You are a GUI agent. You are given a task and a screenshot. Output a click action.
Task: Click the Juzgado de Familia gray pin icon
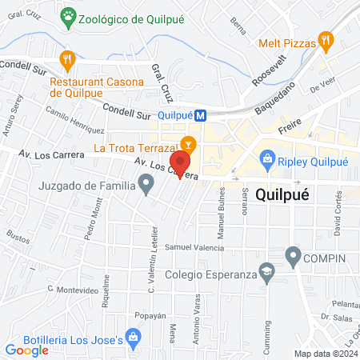[x=146, y=187]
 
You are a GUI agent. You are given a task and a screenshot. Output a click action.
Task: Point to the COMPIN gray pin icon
[x=293, y=258]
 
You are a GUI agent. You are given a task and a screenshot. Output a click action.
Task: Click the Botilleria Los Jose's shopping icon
[x=133, y=341]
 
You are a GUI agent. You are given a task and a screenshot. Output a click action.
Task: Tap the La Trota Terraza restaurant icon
[x=188, y=145]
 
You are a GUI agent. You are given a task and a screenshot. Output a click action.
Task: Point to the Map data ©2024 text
[x=324, y=353]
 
